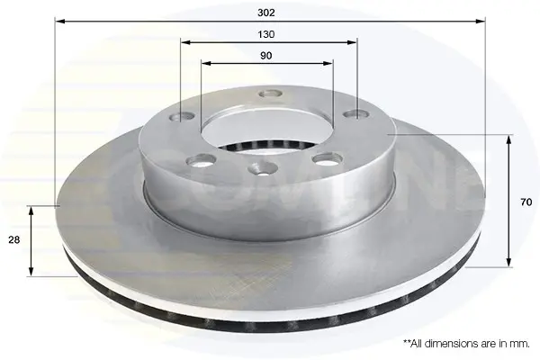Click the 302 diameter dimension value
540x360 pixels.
point(266,13)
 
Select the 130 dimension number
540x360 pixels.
point(266,34)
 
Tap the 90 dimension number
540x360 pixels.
point(265,56)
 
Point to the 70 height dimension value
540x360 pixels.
point(526,202)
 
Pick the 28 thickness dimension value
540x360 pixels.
point(14,239)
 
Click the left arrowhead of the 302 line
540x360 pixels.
point(60,22)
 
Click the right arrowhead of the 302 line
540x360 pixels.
point(480,22)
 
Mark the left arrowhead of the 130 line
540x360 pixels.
point(186,42)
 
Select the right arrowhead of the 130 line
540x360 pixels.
point(352,42)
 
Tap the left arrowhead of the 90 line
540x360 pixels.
point(206,63)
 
